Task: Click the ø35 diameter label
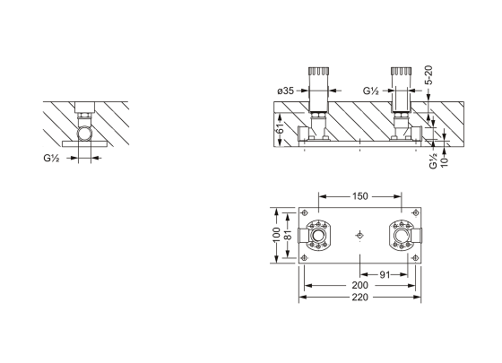[287, 91]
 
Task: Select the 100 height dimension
[277, 235]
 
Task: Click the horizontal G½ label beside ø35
[371, 91]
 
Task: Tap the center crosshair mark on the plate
[359, 236]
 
